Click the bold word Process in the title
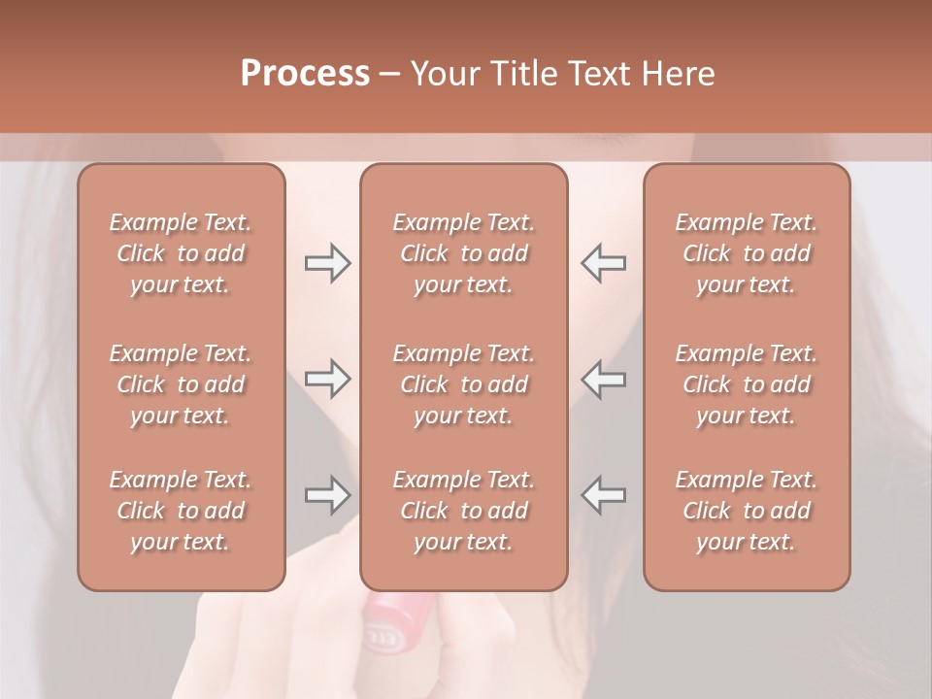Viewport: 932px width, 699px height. click(x=305, y=74)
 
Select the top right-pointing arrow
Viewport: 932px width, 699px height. click(x=327, y=263)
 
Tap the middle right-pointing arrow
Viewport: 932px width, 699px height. click(x=327, y=379)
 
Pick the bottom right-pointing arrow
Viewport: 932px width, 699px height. click(x=327, y=495)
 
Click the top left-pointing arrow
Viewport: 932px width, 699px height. click(x=603, y=263)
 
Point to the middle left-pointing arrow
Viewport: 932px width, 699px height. click(x=603, y=379)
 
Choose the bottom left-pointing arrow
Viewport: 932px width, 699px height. click(x=603, y=495)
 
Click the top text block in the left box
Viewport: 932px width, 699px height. click(x=181, y=253)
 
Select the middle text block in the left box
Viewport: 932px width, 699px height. click(x=181, y=384)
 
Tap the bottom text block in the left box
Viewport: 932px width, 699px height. click(x=181, y=511)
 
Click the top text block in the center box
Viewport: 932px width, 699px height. click(x=463, y=253)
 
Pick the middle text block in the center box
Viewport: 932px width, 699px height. click(x=463, y=384)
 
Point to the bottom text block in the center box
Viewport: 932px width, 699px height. click(x=463, y=511)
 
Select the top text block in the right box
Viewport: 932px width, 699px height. click(x=747, y=253)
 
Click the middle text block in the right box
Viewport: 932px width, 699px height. click(x=747, y=384)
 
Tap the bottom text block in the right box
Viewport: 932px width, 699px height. click(x=747, y=511)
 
